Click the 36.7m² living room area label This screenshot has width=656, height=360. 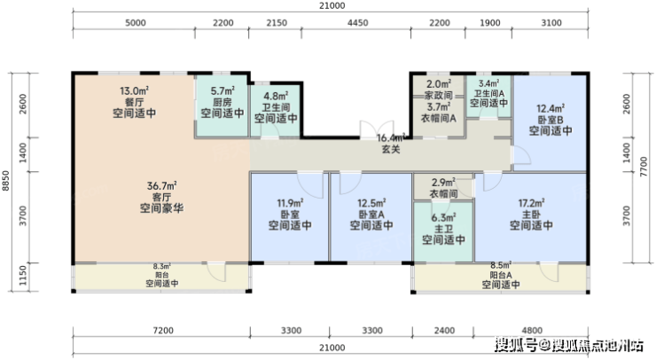[x=161, y=185]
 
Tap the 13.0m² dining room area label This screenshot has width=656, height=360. [x=134, y=90]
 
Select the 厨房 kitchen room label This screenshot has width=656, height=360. [x=223, y=102]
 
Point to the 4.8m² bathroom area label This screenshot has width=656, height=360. [x=276, y=97]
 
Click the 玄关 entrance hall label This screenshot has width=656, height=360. [x=391, y=149]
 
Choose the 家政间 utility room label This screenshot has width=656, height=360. [x=439, y=96]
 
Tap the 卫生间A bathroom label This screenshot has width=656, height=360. [x=488, y=93]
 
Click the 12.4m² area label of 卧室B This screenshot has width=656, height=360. [x=551, y=109]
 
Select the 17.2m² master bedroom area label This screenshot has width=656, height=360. [x=531, y=203]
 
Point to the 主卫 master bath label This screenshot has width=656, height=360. [x=443, y=229]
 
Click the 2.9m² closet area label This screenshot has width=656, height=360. [x=443, y=183]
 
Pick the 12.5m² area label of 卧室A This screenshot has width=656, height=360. [x=371, y=203]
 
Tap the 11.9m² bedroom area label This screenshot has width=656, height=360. [x=290, y=203]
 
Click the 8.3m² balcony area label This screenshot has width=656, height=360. [x=162, y=266]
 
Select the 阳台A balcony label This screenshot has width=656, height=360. [x=501, y=275]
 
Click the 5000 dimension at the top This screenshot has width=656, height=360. [x=136, y=22]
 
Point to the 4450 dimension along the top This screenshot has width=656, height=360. [x=358, y=22]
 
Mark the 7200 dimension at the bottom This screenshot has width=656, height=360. [x=163, y=331]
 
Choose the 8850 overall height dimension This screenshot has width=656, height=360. [x=5, y=181]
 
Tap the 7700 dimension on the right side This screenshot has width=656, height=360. [x=644, y=167]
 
